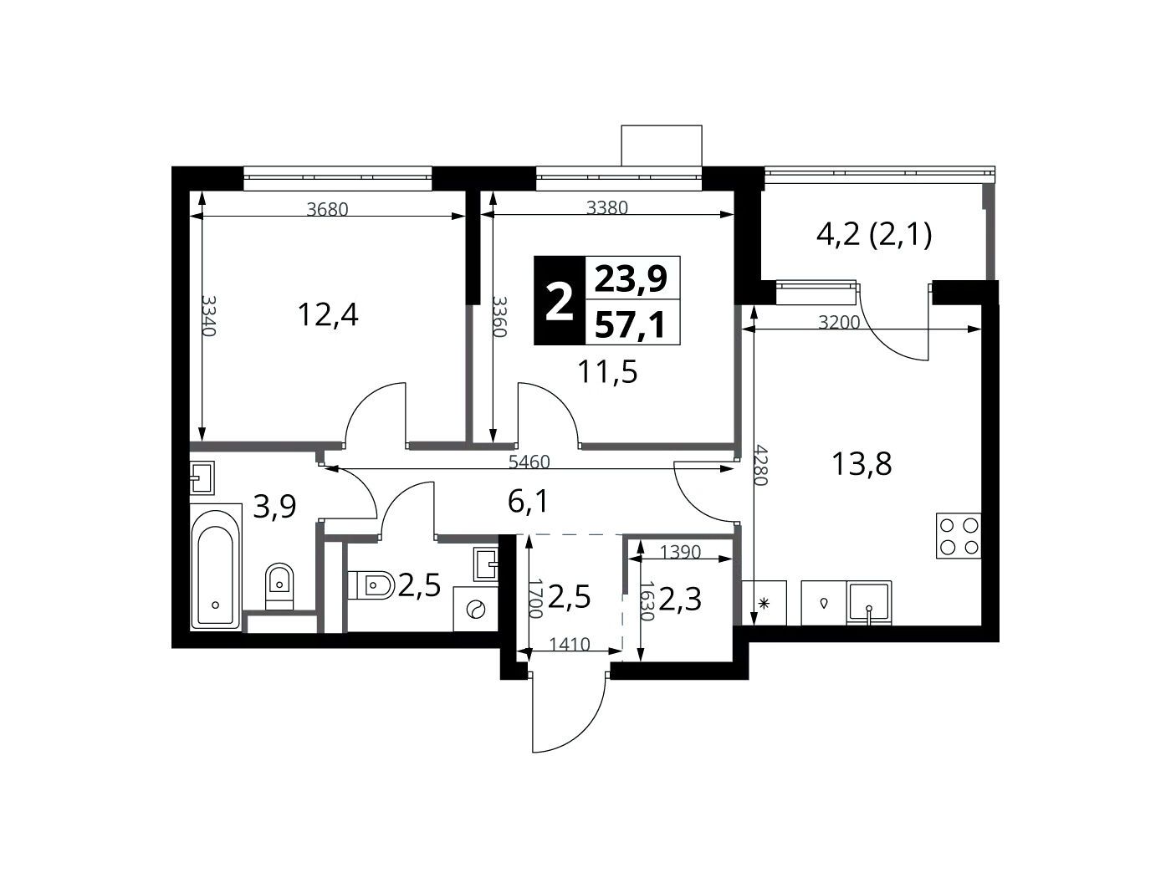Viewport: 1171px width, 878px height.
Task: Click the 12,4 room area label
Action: pyautogui.click(x=328, y=314)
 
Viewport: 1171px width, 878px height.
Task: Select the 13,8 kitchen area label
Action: pyautogui.click(x=862, y=463)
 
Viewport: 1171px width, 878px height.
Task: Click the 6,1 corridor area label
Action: pyautogui.click(x=528, y=503)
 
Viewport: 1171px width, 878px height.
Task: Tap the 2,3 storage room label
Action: pyautogui.click(x=680, y=600)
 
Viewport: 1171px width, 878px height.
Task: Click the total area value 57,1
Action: pyautogui.click(x=632, y=324)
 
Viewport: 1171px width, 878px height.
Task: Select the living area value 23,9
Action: pyautogui.click(x=632, y=278)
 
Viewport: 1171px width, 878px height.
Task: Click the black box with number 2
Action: pyautogui.click(x=559, y=301)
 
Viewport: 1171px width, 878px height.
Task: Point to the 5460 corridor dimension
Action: pyautogui.click(x=529, y=462)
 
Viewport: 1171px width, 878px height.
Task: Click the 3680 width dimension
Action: pyautogui.click(x=328, y=209)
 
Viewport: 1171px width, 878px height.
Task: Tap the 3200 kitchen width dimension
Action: pyautogui.click(x=839, y=323)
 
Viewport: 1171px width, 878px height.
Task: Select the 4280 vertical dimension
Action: pyautogui.click(x=761, y=464)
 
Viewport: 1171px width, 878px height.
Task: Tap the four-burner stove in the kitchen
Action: pyautogui.click(x=959, y=536)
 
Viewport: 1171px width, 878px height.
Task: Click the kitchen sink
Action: pyautogui.click(x=869, y=603)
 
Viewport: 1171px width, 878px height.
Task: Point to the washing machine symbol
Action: pyautogui.click(x=475, y=609)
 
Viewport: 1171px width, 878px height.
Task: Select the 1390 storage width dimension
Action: pyautogui.click(x=680, y=552)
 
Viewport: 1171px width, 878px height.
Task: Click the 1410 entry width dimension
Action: pyautogui.click(x=570, y=645)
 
